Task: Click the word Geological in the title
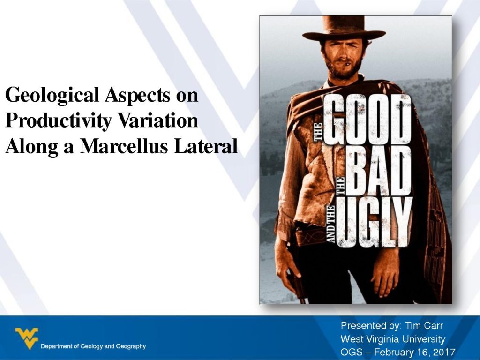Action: [52, 96]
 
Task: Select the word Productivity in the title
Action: [59, 120]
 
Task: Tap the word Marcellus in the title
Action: [124, 146]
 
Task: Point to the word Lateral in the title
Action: [206, 146]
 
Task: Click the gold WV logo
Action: [27, 338]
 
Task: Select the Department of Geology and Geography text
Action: [93, 346]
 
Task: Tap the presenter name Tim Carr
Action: [424, 325]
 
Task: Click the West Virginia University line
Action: [393, 339]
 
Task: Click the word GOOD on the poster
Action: [367, 120]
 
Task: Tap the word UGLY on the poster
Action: [375, 222]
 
